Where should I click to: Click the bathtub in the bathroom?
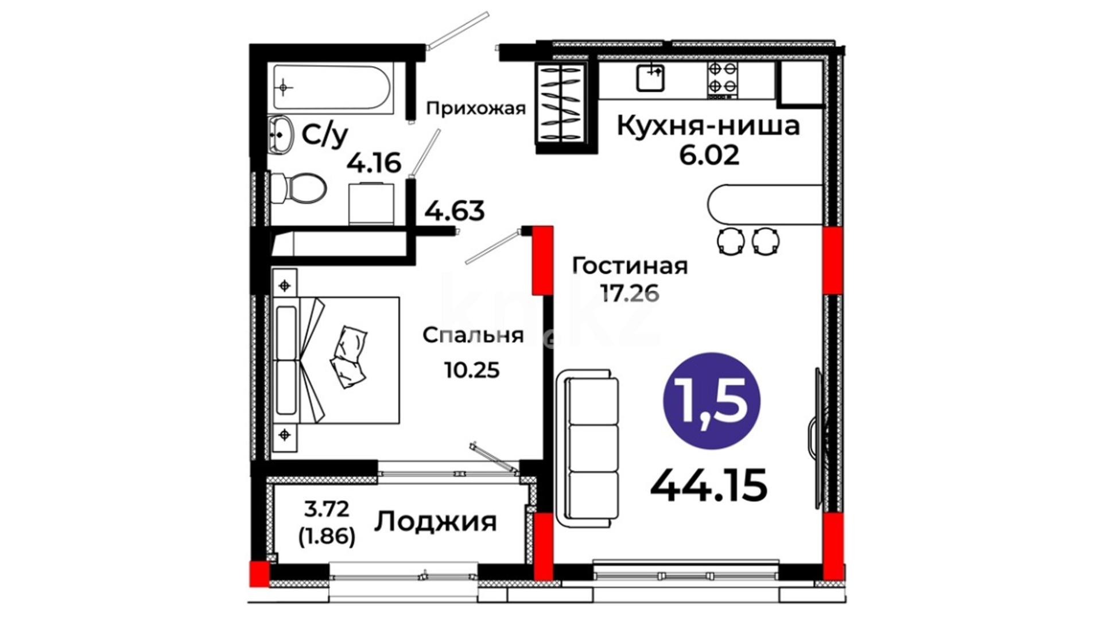(x=332, y=88)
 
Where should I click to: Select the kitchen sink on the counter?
(x=650, y=77)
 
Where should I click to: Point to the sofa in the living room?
(x=587, y=445)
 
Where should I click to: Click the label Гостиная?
(x=630, y=266)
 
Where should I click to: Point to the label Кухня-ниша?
(x=708, y=126)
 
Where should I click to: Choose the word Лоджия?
(x=436, y=522)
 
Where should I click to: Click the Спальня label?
(x=473, y=335)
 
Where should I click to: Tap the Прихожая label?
(x=476, y=108)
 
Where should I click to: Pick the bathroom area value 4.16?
(x=374, y=164)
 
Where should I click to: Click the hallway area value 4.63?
(x=455, y=211)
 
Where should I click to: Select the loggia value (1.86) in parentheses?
(x=327, y=536)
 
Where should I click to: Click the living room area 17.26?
(x=630, y=293)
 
